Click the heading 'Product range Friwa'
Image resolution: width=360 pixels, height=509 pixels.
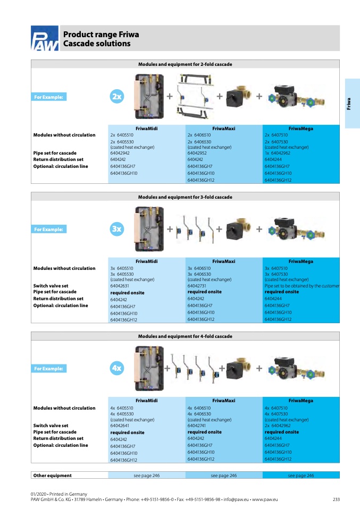coord(101,35)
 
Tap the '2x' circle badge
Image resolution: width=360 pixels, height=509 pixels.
coord(117,97)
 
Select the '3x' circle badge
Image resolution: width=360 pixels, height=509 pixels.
coord(117,230)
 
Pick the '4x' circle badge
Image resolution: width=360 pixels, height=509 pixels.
coord(117,368)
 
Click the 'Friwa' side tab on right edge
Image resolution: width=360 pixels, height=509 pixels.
coord(349,103)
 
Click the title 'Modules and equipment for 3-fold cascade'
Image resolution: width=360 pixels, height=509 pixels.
coord(185,197)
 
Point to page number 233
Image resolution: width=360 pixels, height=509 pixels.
coord(336,499)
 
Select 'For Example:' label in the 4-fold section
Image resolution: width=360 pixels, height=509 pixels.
coord(48,368)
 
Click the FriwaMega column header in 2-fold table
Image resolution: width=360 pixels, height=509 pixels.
coord(300,129)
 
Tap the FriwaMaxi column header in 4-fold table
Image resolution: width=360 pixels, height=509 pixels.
coord(223,401)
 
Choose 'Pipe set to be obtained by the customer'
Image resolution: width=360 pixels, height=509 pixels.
coord(302,286)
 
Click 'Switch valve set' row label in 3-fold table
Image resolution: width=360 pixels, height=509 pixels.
coord(51,286)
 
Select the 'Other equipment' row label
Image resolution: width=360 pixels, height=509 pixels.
coord(52,476)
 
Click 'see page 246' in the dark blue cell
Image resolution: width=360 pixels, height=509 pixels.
coord(300,476)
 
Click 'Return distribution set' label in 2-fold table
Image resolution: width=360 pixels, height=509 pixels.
coord(58,159)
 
